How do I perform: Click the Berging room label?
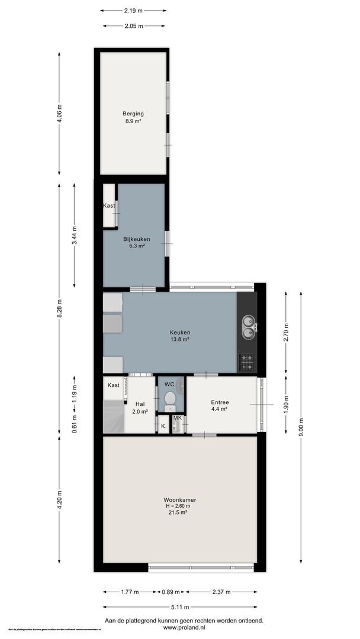pyautogui.click(x=133, y=114)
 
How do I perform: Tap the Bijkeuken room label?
pyautogui.click(x=136, y=239)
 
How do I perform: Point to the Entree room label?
pyautogui.click(x=220, y=402)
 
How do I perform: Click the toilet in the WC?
pyautogui.click(x=170, y=400)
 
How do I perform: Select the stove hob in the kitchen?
pyautogui.click(x=246, y=361)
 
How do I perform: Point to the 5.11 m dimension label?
pyautogui.click(x=180, y=606)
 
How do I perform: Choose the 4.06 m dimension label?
pyautogui.click(x=59, y=114)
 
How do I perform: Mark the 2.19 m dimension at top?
pyautogui.click(x=133, y=10)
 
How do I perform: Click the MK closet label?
pyautogui.click(x=177, y=418)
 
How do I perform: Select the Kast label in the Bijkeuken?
pyautogui.click(x=109, y=205)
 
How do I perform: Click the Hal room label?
pyautogui.click(x=140, y=404)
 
